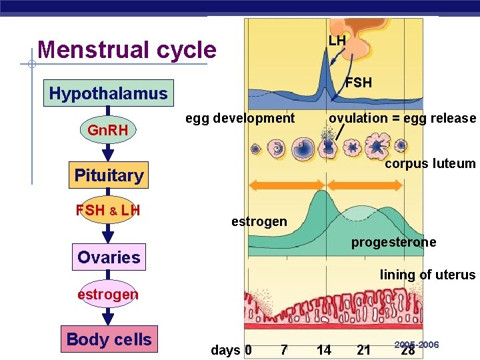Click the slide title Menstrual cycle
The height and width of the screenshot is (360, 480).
127,50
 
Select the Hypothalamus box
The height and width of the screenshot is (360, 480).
108,93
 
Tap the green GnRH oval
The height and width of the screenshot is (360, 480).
108,128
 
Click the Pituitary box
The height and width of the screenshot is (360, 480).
109,175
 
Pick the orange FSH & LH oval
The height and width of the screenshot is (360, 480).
108,210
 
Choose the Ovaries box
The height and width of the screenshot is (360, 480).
109,257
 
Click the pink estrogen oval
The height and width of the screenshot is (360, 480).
108,294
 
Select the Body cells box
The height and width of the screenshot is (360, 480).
109,339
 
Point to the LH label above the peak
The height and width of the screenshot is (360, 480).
337,41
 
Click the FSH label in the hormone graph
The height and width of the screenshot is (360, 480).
358,83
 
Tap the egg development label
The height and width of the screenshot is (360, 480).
239,118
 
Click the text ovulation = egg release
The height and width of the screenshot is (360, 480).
402,118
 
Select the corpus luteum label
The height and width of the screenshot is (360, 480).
430,163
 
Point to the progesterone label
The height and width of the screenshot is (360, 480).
393,242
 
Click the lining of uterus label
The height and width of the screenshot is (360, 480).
427,275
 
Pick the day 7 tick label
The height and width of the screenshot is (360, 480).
284,350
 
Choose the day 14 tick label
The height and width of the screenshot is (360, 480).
323,350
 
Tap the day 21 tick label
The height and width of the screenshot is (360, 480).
363,350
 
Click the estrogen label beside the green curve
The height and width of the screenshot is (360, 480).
259,221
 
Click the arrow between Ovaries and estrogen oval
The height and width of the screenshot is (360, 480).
108,276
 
